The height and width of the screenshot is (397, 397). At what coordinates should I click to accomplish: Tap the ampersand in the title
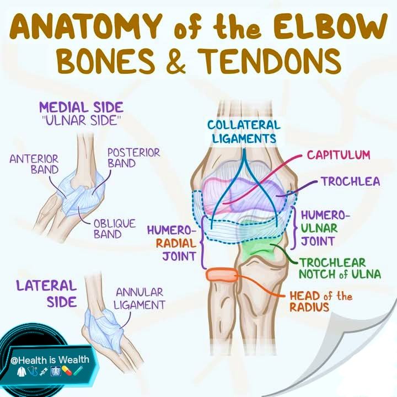[176, 61]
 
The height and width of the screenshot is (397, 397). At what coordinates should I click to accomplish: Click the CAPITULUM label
[339, 155]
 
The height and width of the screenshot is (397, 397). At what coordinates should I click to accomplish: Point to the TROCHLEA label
[351, 181]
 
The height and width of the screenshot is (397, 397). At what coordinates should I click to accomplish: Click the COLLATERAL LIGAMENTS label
[244, 132]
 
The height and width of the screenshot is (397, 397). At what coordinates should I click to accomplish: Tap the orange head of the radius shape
[222, 275]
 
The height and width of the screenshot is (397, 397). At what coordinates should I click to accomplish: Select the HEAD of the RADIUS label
[321, 302]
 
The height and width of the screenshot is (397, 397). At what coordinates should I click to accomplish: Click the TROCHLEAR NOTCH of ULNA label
[340, 269]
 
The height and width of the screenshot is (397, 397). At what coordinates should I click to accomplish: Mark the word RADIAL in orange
[176, 244]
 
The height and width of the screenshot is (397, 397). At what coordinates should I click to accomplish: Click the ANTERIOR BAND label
[34, 164]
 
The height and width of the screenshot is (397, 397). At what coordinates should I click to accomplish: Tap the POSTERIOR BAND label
[133, 158]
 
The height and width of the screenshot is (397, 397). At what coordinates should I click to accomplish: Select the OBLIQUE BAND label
[115, 229]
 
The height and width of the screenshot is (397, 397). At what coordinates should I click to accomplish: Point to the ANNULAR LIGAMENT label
[140, 299]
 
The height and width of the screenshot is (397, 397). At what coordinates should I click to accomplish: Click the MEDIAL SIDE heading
[81, 108]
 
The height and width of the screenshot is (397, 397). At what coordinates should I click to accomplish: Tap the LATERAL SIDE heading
[46, 294]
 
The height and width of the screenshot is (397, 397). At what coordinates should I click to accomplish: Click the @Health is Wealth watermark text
[50, 360]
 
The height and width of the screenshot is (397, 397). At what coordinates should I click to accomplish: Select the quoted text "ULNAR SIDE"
[81, 121]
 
